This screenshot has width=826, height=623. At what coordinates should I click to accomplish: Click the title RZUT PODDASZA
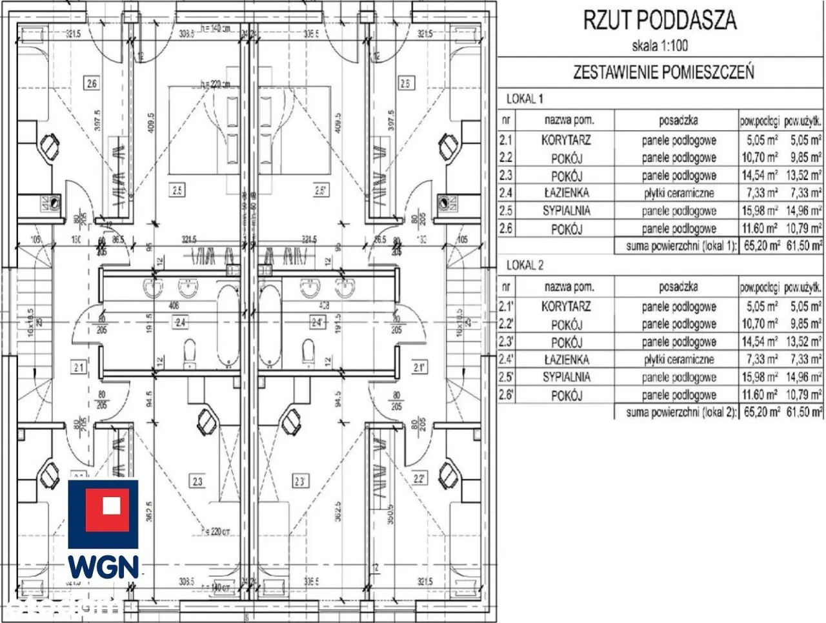coord(660,20)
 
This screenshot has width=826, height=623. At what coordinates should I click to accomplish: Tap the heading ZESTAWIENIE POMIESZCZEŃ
coord(663,72)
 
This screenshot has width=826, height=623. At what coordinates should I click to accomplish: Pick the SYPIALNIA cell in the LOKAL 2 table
coord(567,377)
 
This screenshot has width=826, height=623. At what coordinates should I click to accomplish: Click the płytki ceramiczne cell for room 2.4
coord(678,192)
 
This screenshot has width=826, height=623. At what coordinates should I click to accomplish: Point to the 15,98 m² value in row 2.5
coord(760,210)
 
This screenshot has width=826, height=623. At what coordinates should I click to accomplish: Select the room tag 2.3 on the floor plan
coord(197,480)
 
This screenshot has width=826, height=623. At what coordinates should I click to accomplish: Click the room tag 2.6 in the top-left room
coord(92,83)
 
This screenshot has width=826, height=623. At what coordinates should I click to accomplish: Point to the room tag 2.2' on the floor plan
coord(419,479)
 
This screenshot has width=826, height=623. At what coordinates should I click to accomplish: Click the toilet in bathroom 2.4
coord(190,352)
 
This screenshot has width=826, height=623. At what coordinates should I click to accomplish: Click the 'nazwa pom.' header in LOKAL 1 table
coord(569,120)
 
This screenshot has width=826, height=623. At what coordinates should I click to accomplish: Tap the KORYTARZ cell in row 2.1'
coord(566,307)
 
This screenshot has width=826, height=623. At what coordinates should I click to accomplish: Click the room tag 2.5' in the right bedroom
coord(321,190)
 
